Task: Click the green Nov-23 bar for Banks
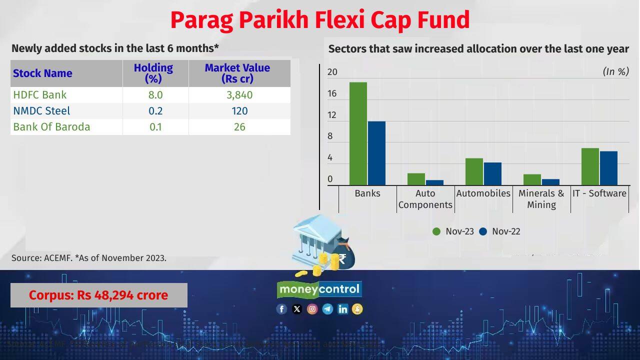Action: (358, 134)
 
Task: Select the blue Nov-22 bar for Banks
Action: (376, 153)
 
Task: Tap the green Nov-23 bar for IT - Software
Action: (590, 167)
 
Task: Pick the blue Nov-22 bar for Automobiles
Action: (492, 174)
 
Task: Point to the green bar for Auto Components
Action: (416, 179)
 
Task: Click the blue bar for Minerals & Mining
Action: (550, 182)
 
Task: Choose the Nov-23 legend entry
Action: (453, 231)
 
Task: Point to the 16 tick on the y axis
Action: (332, 94)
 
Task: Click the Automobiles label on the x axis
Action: (483, 193)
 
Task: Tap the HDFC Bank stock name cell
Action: (40, 95)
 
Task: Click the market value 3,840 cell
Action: (239, 95)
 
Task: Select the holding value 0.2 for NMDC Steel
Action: (155, 111)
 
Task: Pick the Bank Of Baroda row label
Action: (51, 127)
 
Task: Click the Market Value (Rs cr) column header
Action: (237, 73)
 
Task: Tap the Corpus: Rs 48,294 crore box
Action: (98, 295)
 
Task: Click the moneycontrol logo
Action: (319, 289)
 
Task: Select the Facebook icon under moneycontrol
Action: (281, 309)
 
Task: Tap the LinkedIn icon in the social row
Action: (342, 309)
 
